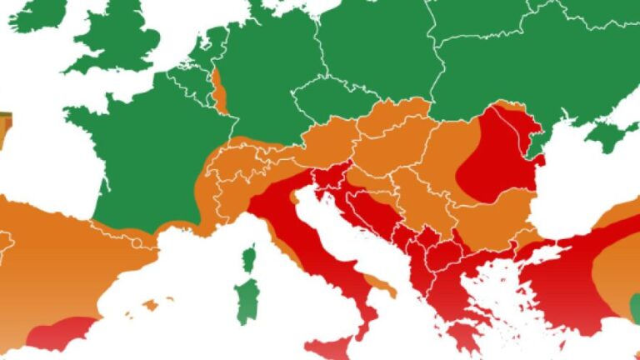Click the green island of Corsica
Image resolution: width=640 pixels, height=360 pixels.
248,259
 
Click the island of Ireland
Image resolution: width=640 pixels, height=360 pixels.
38,14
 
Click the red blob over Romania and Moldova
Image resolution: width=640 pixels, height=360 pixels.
498,154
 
